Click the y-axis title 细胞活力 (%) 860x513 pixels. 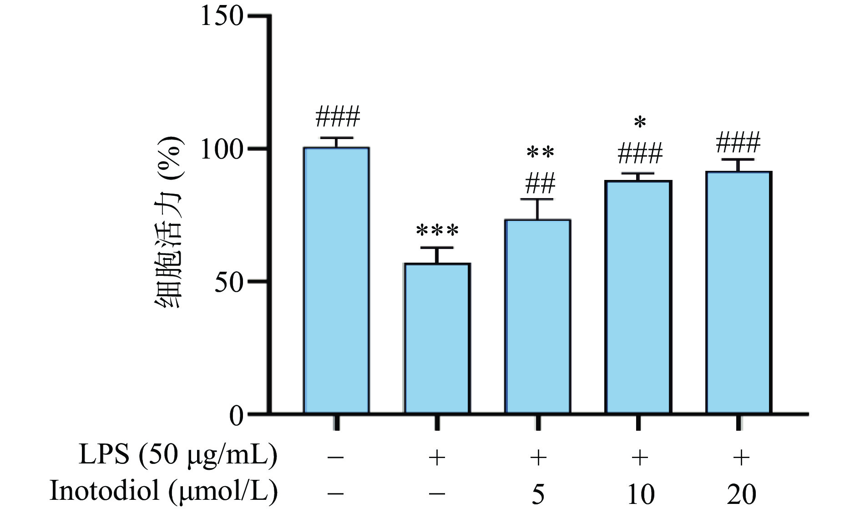169,223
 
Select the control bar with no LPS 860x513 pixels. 336,280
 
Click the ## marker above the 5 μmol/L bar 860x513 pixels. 540,184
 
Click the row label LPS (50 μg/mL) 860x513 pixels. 178,456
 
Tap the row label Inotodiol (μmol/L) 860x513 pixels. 163,491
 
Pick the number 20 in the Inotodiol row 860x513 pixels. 741,493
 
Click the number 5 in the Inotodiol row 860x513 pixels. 538,493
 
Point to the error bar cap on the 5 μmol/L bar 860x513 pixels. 538,199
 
